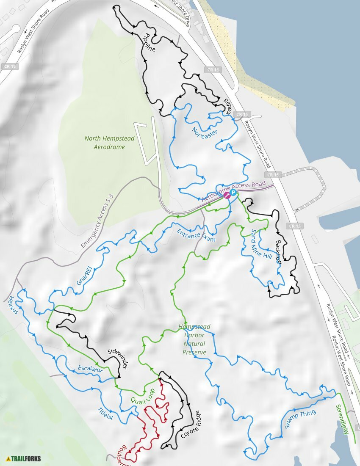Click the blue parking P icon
233,192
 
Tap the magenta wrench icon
227,195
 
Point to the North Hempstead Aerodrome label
104,143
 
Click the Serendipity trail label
342,419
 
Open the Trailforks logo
23,458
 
